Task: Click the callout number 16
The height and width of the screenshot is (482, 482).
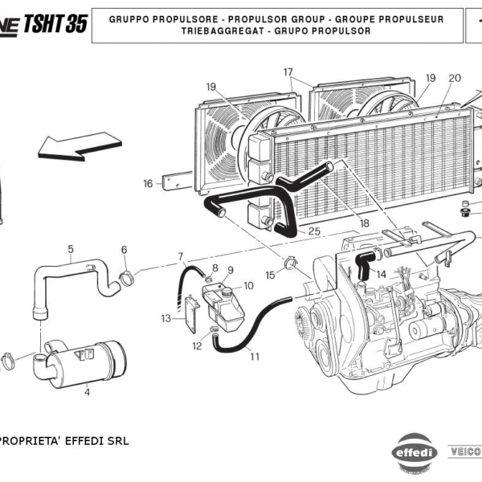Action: point(148,184)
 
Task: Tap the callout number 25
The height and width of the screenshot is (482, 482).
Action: point(314,232)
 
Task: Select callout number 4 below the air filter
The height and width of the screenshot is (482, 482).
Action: point(87,393)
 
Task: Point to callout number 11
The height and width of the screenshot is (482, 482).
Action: point(255,357)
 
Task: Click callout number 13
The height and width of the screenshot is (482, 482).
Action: point(165,319)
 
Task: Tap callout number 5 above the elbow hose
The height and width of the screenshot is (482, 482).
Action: point(71,248)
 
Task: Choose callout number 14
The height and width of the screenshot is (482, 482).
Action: point(382,274)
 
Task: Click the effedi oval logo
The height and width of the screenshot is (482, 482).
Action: point(415,451)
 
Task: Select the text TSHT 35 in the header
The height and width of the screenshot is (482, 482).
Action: point(55,23)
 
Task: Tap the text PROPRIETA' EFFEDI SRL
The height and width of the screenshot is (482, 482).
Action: point(64,441)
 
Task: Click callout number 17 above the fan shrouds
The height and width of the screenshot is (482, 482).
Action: point(288,72)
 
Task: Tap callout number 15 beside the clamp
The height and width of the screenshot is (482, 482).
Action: point(271,275)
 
